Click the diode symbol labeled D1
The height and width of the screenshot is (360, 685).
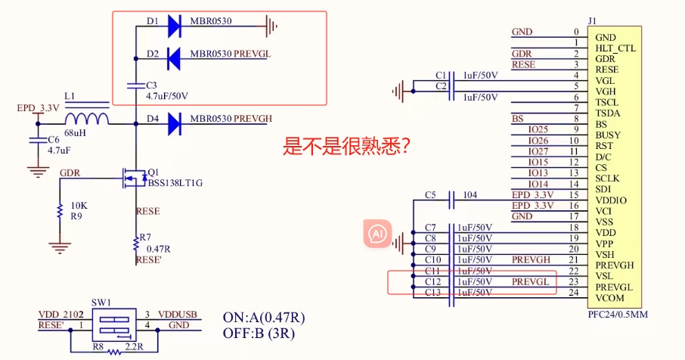point(173,27)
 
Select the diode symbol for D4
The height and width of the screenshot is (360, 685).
point(173,120)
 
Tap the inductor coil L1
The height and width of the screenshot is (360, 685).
point(86,119)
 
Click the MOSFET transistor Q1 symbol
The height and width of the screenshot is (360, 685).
point(132,178)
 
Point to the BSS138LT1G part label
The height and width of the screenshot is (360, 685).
point(175,184)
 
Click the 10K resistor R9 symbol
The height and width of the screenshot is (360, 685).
point(58,211)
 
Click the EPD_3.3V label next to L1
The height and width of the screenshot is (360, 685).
point(38,109)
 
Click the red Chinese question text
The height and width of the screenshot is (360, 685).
point(346,146)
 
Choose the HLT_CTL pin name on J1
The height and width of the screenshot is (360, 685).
point(615,48)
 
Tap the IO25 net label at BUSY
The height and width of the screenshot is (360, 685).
point(538,130)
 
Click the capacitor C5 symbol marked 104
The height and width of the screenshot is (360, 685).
point(451,200)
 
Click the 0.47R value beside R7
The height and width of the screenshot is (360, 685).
point(157,249)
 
